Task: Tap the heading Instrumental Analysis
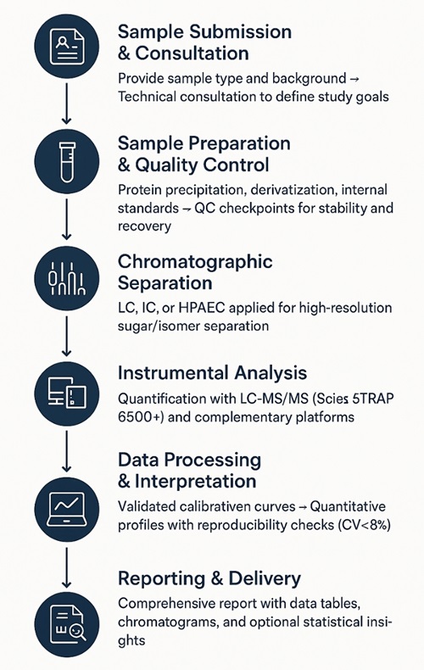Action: tap(213, 373)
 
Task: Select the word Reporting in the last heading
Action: tap(161, 579)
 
